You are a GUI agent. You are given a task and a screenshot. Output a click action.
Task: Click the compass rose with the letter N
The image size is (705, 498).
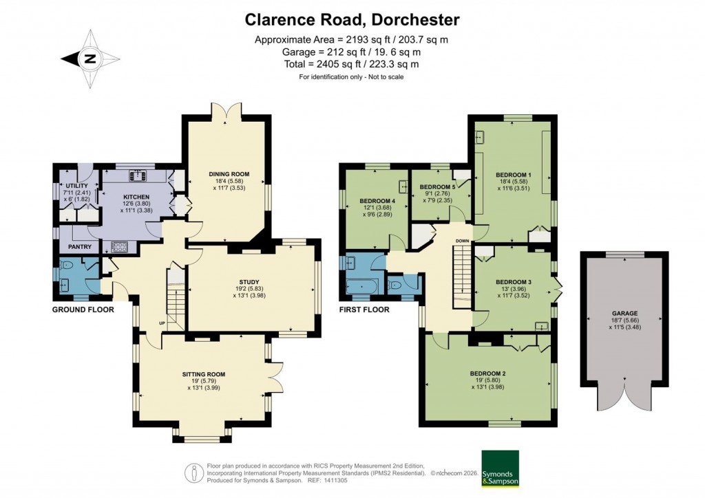coord(90,59)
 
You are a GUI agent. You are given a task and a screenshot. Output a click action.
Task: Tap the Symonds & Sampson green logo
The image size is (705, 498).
coord(499,468)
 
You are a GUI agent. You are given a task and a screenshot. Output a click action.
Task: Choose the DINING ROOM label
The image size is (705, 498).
coord(229,174)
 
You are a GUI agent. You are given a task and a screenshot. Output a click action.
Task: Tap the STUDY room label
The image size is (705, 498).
coord(249,281)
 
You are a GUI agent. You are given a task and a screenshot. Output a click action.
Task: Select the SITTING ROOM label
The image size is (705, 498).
coord(204,374)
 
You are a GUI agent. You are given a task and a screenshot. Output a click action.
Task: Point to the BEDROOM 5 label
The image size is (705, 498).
coord(439,186)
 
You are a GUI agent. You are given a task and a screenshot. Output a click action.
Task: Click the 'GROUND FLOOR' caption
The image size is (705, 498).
coord(83,310)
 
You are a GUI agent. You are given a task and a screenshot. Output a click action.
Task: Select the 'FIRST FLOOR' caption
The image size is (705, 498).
coord(364,310)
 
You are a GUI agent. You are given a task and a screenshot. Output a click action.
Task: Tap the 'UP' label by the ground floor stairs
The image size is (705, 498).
coord(162,323)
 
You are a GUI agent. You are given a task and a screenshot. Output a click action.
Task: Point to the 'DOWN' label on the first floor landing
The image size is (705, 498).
coord(462,241)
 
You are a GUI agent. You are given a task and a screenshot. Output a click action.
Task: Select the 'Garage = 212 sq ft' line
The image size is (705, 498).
coord(351,52)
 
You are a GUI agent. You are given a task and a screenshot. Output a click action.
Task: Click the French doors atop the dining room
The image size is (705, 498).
coord(225,110)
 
